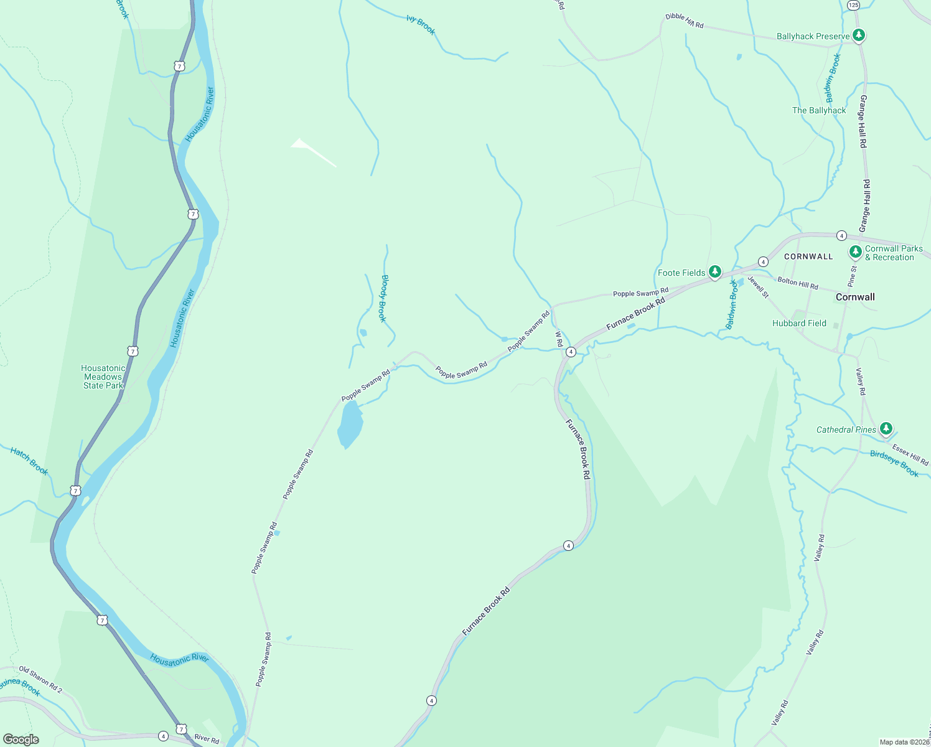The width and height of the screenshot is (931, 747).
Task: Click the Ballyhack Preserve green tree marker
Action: (859, 35)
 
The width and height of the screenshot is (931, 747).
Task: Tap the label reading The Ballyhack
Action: (818, 111)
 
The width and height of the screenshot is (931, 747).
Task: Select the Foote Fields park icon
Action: (715, 271)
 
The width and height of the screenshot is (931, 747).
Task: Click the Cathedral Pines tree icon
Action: (886, 428)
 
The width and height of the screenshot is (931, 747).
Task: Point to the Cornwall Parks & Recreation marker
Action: (856, 251)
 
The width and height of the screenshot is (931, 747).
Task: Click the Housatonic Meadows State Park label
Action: (103, 377)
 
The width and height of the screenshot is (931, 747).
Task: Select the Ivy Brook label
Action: (421, 25)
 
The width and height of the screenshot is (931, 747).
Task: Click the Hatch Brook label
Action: (29, 461)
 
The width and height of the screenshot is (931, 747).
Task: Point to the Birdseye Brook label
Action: (894, 464)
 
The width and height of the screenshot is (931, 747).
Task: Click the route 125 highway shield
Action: (853, 5)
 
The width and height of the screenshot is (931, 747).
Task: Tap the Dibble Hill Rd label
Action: (685, 21)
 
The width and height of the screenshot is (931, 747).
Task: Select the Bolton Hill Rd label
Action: (798, 283)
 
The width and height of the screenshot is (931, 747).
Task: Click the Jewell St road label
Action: (759, 286)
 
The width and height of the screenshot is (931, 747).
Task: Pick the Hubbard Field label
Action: (799, 324)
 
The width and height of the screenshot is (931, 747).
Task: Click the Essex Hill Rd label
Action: (910, 454)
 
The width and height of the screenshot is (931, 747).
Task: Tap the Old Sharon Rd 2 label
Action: (40, 680)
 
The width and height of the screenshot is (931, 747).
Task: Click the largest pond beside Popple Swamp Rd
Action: (350, 425)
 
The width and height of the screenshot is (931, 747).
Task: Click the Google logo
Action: (21, 739)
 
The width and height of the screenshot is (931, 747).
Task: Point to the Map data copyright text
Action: (904, 742)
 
